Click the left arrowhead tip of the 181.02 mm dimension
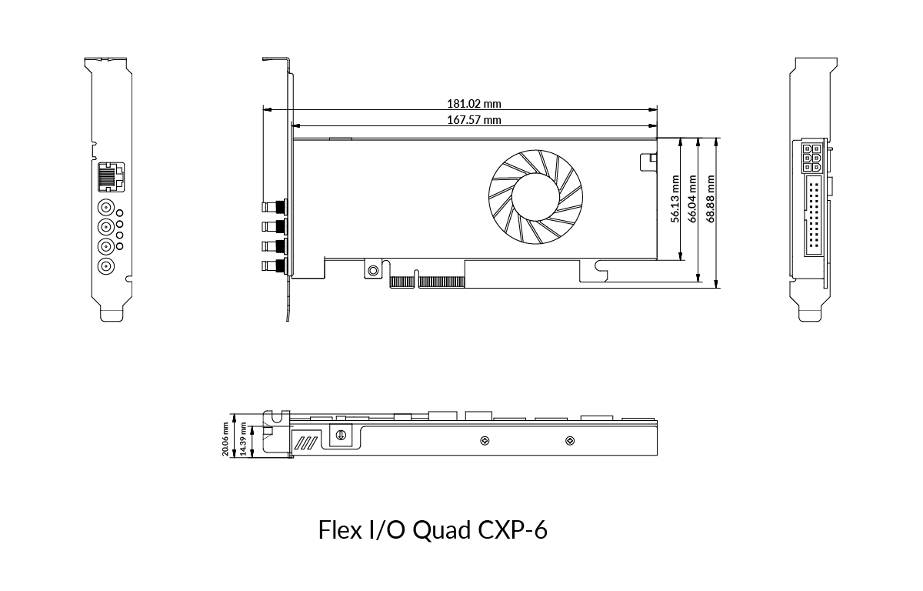click(264, 109)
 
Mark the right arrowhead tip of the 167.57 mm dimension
click(657, 125)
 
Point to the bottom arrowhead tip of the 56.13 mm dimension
click(680, 259)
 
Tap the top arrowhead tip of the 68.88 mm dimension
click(717, 138)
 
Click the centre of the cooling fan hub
click(535, 197)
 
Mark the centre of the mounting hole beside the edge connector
click(373, 270)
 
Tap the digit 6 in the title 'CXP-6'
click(541, 530)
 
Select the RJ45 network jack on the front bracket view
click(111, 177)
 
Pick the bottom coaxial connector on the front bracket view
click(106, 267)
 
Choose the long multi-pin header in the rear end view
click(814, 216)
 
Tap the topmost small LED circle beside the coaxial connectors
click(119, 213)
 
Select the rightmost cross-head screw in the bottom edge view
click(570, 441)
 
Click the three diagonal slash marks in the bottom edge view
click(306, 443)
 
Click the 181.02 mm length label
click(474, 103)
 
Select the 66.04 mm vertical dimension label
click(692, 199)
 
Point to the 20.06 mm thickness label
click(225, 439)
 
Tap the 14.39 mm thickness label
click(243, 439)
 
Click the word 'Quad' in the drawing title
click(442, 530)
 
